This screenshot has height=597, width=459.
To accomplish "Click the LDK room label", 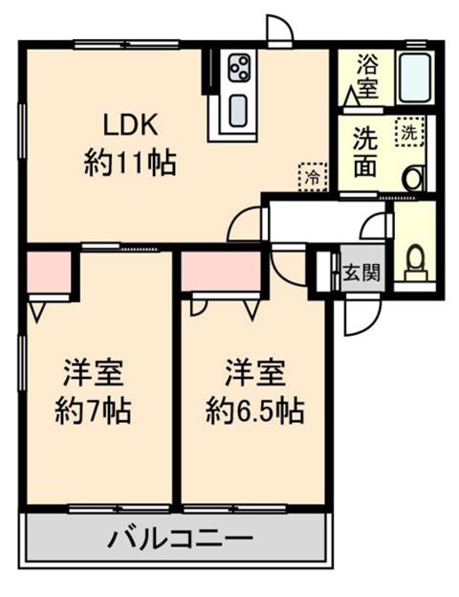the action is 131,125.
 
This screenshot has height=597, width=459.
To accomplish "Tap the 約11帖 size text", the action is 130,164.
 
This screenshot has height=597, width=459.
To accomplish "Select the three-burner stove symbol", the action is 239,67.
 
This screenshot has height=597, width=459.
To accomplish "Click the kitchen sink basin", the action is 239,110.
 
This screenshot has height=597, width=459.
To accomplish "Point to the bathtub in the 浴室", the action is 414,78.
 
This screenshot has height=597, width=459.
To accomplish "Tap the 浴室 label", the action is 367,77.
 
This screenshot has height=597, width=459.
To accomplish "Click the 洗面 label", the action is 365,152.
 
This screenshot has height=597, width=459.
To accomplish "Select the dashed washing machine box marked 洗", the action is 410,132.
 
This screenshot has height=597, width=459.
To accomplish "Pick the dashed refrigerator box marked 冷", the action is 313,177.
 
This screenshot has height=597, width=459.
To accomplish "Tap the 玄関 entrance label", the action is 361,273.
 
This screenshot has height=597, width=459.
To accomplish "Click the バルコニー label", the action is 181,539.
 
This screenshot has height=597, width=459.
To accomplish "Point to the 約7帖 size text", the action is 94,411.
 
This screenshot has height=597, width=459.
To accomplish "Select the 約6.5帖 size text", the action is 255,411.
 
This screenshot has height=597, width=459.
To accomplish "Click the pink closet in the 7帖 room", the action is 49,272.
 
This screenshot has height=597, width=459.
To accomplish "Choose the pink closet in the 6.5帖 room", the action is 221,272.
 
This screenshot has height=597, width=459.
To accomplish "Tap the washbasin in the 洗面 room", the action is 414,178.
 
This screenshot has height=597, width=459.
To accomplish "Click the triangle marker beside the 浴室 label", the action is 351,96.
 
